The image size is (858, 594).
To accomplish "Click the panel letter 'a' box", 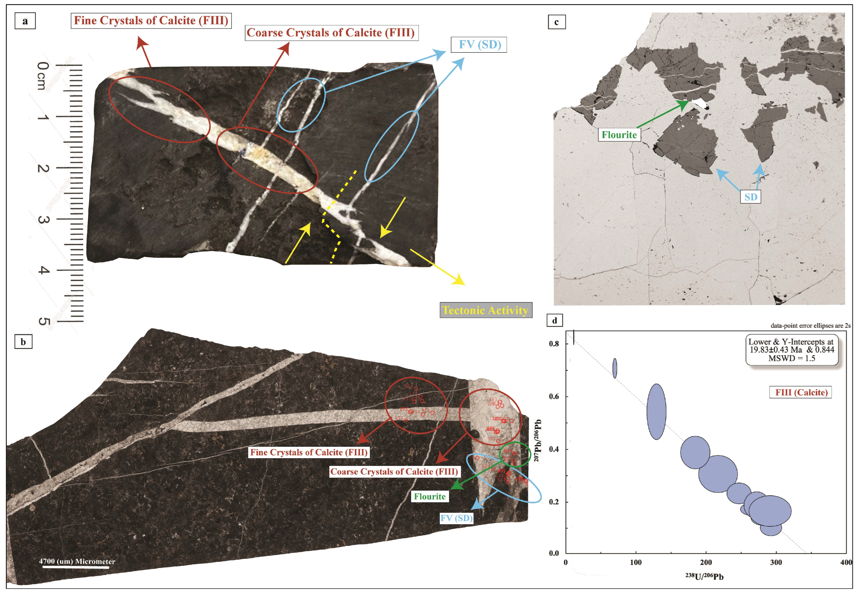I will tap(25, 21).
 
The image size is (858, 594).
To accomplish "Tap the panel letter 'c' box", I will tap(557, 22).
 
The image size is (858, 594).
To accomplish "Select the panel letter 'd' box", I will tap(554, 320).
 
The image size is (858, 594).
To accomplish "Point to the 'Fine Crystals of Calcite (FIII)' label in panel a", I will tap(151, 20).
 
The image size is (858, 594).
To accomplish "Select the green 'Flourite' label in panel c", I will tap(619, 135).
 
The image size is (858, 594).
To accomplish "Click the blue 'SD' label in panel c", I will tap(751, 197).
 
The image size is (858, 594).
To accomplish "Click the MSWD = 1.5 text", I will tap(792, 358).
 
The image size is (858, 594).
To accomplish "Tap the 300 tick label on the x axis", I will tap(776, 562).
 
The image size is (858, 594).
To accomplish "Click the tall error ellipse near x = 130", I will tap(656, 412).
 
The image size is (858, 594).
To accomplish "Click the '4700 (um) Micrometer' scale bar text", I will tap(77, 561).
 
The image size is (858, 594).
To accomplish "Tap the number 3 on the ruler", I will tap(43, 220).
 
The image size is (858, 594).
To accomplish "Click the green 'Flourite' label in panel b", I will tap(429, 496).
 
